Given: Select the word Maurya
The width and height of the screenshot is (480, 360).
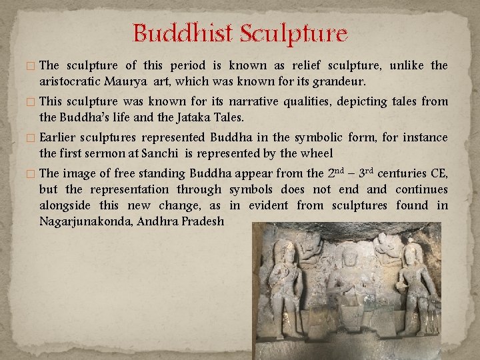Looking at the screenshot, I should coord(124,81).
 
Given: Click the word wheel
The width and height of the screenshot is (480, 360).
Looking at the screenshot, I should coord(317,153).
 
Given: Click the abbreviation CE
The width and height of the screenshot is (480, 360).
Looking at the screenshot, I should coord(438,173).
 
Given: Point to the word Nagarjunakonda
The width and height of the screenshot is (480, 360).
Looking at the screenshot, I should coord(85,221).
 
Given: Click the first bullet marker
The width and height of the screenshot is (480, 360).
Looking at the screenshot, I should coord(33,66).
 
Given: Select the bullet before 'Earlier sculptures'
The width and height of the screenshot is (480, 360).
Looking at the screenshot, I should coord(33,138).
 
